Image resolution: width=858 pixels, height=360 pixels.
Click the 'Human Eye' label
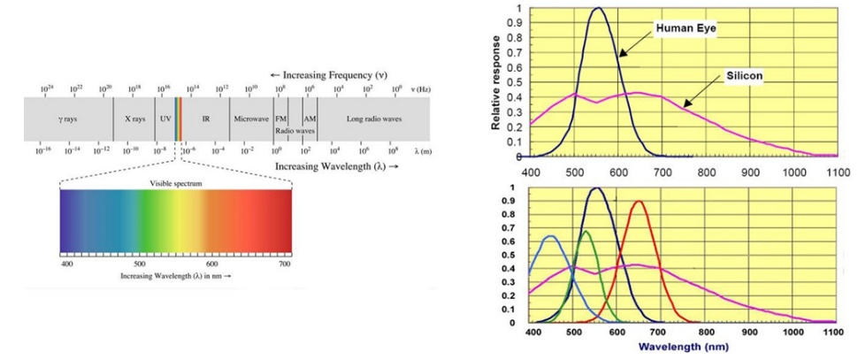[686, 28]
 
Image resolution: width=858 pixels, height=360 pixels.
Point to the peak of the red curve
[638, 202]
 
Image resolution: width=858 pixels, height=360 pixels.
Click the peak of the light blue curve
[550, 236]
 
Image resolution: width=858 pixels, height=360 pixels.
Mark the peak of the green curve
[585, 232]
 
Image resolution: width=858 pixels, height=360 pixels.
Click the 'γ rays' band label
[67, 118]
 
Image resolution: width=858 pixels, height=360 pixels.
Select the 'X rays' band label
[133, 118]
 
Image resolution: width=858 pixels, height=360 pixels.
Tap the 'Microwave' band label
[250, 118]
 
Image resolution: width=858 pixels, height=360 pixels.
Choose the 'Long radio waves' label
[373, 118]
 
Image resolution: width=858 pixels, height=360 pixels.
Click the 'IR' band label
[206, 118]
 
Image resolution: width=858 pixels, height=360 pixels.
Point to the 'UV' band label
[165, 118]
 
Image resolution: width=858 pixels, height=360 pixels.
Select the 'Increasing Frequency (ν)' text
[326, 74]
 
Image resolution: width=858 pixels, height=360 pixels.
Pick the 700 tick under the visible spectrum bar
[284, 264]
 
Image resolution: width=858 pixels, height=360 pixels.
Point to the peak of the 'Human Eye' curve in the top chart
[599, 9]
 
